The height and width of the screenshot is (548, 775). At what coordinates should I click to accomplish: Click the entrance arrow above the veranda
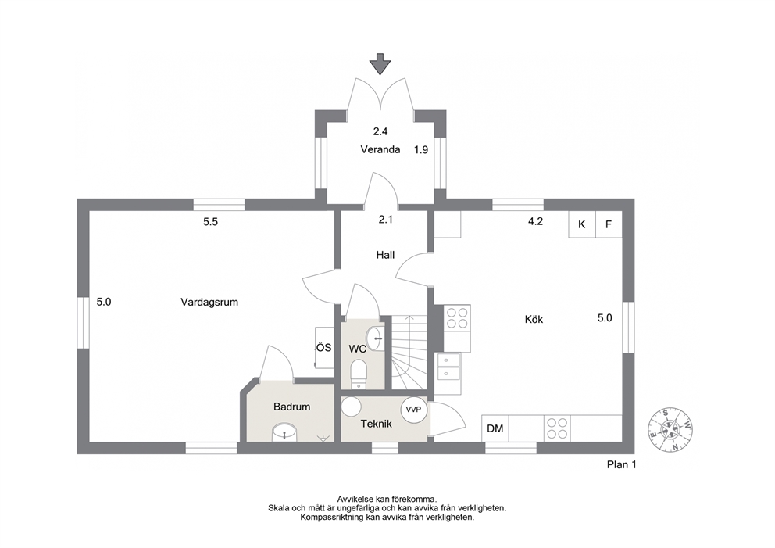click(x=380, y=64)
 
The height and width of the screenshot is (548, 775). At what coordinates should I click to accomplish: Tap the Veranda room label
click(x=380, y=149)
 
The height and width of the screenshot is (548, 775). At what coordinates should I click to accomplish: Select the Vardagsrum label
click(x=209, y=303)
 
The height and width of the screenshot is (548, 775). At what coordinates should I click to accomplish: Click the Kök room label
click(x=534, y=320)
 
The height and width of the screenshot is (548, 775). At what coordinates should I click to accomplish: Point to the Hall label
click(x=385, y=255)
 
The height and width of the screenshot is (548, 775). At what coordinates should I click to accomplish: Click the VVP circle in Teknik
click(x=414, y=410)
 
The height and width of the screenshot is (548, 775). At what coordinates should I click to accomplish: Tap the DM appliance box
click(x=495, y=428)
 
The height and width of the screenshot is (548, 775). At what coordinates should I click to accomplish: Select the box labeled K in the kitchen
click(x=582, y=224)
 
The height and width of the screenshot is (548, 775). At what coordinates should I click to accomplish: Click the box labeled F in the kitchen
click(x=609, y=224)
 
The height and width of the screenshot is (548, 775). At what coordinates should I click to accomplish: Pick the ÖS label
click(x=323, y=348)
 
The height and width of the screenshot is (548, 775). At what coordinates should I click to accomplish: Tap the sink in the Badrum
click(x=284, y=432)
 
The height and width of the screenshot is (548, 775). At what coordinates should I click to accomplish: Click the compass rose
click(x=671, y=430)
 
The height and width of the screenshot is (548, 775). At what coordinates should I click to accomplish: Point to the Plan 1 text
click(x=621, y=465)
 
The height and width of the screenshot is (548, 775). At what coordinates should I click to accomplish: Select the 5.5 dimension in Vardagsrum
click(x=211, y=222)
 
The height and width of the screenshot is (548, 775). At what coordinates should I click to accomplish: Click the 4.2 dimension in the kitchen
click(x=535, y=221)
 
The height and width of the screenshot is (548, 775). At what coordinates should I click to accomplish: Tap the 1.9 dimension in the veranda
click(x=421, y=150)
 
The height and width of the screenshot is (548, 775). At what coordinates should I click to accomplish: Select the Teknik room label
click(x=376, y=424)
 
